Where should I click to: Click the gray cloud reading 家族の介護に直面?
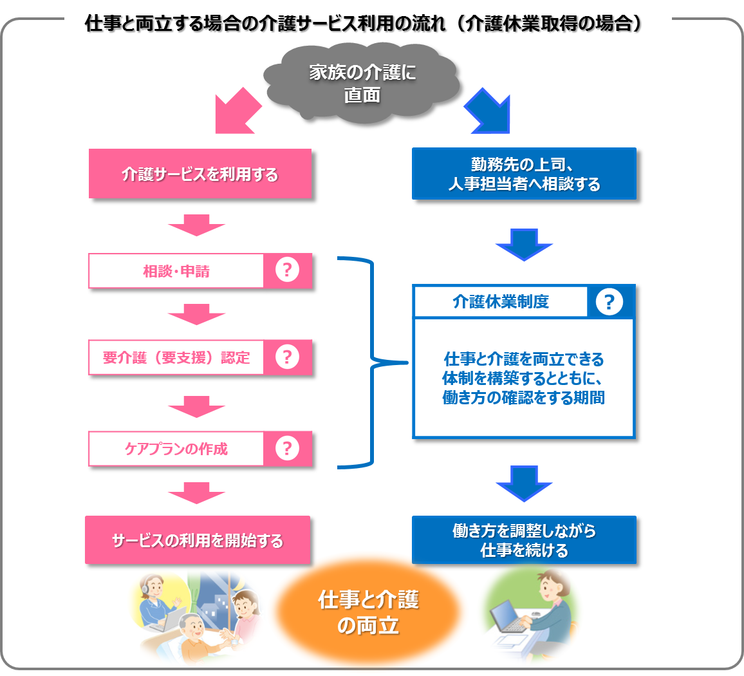(x=362, y=83)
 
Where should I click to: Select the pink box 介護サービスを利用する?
(x=200, y=173)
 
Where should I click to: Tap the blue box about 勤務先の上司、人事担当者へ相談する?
(x=524, y=173)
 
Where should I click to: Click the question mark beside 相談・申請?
(x=287, y=270)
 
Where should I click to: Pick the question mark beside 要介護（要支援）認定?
(x=287, y=357)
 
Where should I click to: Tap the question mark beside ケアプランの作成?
(x=287, y=448)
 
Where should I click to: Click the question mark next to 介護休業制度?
(x=609, y=301)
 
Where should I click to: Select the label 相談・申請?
(x=176, y=271)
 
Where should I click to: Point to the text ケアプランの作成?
(x=176, y=449)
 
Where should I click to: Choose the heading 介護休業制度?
(x=501, y=301)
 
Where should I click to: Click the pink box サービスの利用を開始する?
(x=198, y=540)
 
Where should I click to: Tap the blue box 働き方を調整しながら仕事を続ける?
(x=524, y=540)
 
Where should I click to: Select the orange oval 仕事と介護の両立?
(x=367, y=612)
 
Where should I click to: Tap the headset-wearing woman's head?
(x=153, y=587)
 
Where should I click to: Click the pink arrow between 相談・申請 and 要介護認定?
(x=196, y=314)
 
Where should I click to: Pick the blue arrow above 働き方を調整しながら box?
(x=524, y=484)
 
